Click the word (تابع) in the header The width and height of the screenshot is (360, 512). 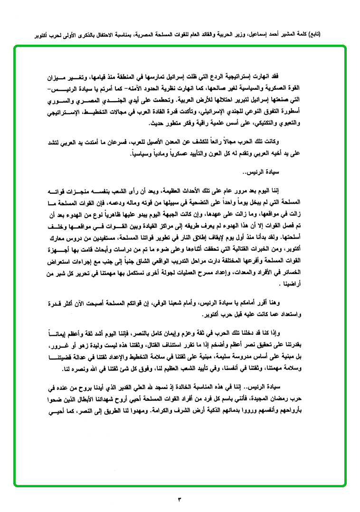click(x=313, y=35)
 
